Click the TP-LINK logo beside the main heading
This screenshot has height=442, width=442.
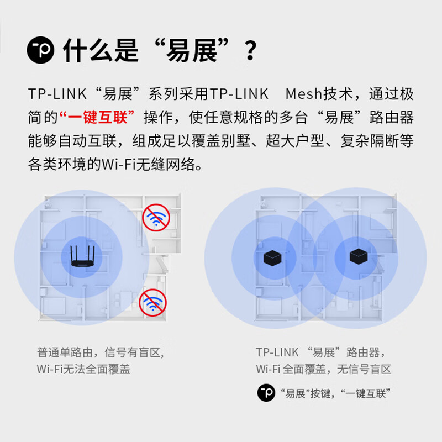tap(40, 50)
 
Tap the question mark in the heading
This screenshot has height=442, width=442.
tap(251, 50)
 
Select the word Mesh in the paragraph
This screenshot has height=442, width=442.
tap(303, 93)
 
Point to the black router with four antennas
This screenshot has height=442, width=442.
tap(82, 256)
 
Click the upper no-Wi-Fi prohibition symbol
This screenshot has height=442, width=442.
tap(156, 217)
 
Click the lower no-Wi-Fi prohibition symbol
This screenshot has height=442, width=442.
tap(153, 302)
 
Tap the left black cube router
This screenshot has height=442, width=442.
tap(272, 258)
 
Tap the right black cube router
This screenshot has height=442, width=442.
tap(359, 256)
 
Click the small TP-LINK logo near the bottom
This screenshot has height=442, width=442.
tap(266, 392)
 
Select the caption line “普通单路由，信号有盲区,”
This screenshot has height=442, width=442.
tap(101, 352)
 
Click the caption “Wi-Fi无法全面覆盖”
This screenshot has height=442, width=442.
tap(83, 369)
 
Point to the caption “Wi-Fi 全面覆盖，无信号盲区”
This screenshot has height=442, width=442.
tap(324, 369)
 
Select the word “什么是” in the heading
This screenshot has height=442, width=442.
tap(101, 50)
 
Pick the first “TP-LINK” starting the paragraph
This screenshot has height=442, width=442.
tap(57, 94)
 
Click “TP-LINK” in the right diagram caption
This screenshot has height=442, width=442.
tap(277, 352)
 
